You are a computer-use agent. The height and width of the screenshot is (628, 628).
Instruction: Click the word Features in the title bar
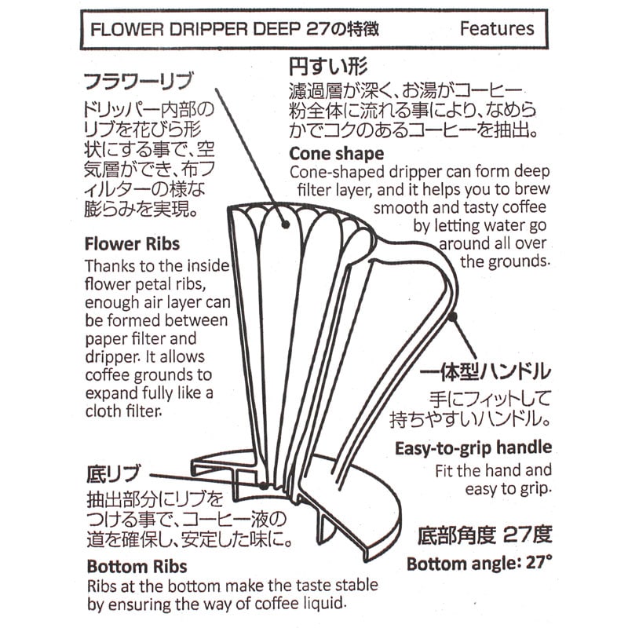pyautogui.click(x=497, y=29)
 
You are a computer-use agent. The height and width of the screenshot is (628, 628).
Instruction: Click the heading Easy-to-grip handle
pyautogui.click(x=473, y=448)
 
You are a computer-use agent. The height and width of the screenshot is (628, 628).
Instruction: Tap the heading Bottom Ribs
pyautogui.click(x=137, y=566)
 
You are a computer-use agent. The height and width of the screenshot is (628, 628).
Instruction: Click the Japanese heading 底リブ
pyautogui.click(x=112, y=474)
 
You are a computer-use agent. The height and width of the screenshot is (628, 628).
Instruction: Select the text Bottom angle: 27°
pyautogui.click(x=479, y=564)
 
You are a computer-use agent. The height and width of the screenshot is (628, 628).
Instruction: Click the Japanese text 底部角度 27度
pyautogui.click(x=480, y=536)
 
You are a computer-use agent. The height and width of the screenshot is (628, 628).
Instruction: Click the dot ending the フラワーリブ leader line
pyautogui.click(x=286, y=225)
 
